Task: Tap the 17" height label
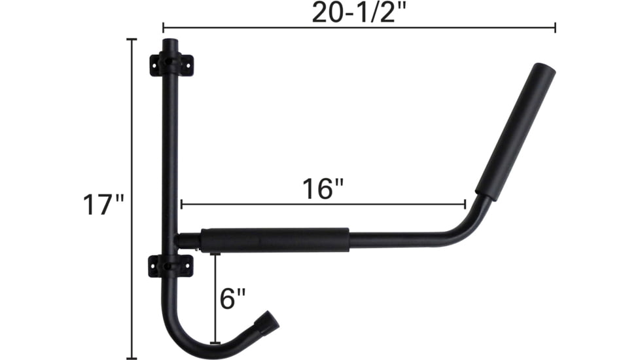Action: click(103, 204)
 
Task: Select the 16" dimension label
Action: click(323, 190)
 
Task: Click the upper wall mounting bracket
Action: click(171, 65)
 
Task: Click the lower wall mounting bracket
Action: click(171, 266)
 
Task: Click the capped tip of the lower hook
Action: click(268, 322)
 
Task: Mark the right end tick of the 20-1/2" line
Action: click(555, 27)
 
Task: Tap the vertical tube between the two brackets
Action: click(170, 164)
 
